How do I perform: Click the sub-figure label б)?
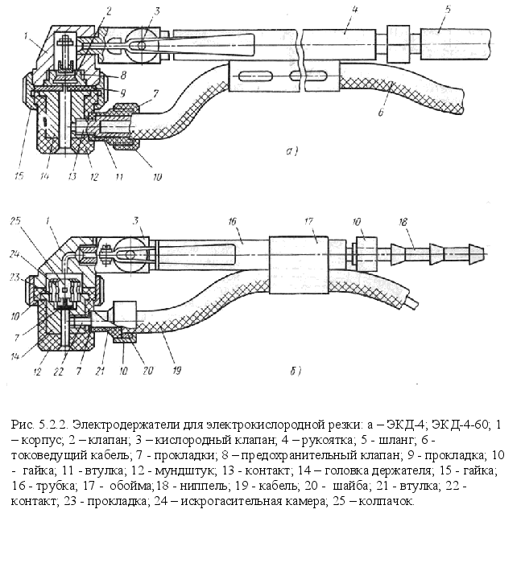(x=295, y=371)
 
